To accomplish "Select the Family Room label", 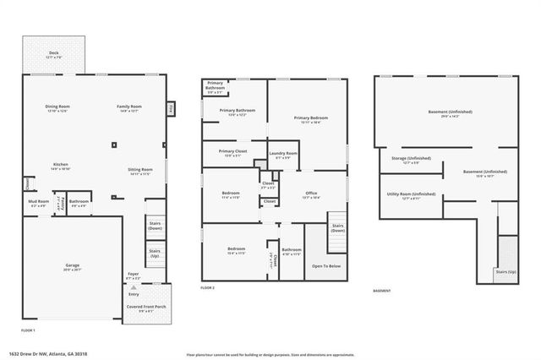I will tap(129, 107).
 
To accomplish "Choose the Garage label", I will tap(73, 267).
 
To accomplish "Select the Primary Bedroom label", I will tap(311, 119).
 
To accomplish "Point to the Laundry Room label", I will tap(284, 155).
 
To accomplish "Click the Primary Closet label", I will tap(232, 152).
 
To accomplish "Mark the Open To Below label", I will tap(326, 266).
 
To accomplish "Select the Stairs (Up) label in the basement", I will tap(507, 272).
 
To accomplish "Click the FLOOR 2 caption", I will tap(208, 289).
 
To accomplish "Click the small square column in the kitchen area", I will tap(114, 145).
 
